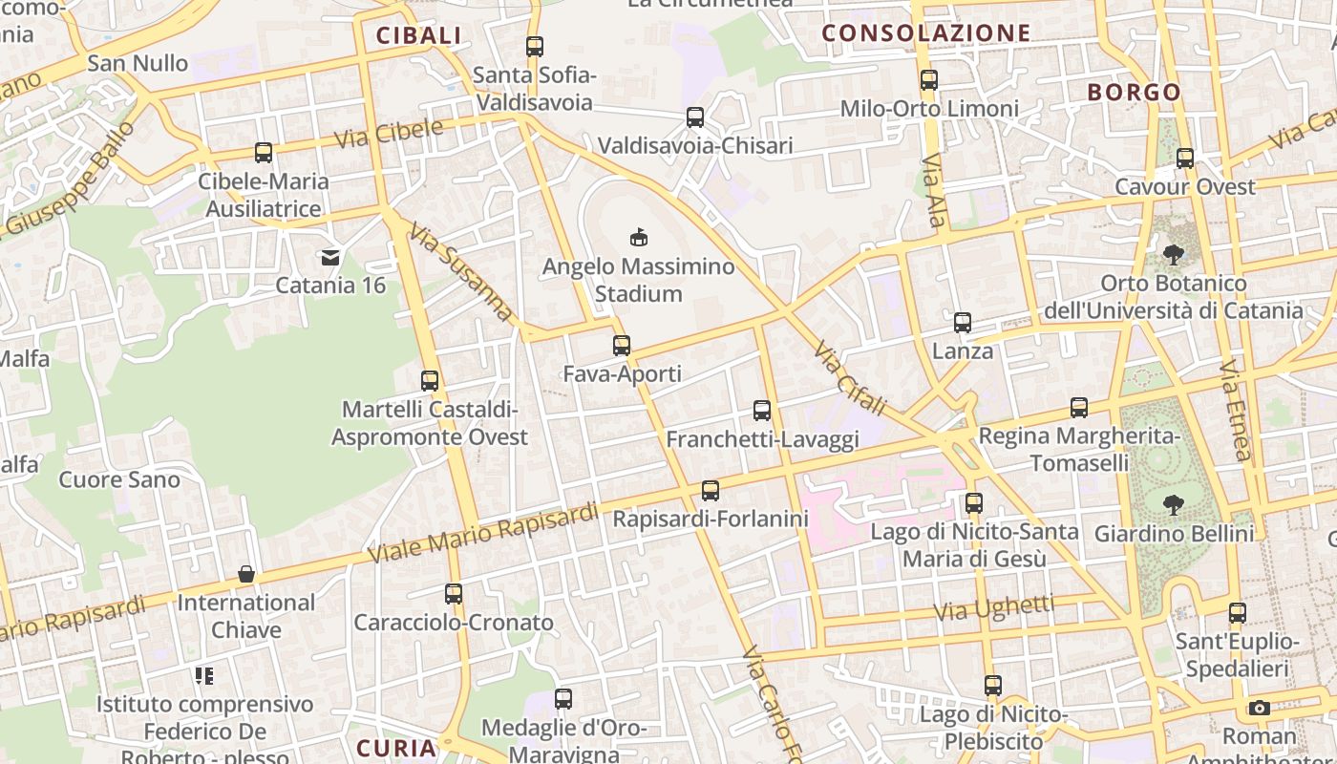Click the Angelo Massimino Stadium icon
639,237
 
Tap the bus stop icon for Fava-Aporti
622,345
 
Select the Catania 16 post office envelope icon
330,256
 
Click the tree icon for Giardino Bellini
1174,504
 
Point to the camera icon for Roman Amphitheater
1260,708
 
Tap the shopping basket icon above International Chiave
246,574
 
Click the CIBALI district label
418,36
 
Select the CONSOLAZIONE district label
926,33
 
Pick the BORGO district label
1135,93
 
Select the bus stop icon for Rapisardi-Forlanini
710,491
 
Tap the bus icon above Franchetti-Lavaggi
761,411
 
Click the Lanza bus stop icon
963,323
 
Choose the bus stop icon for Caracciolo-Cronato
454,594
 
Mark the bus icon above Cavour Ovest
1185,159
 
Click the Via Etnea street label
1236,411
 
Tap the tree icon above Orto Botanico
1173,255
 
